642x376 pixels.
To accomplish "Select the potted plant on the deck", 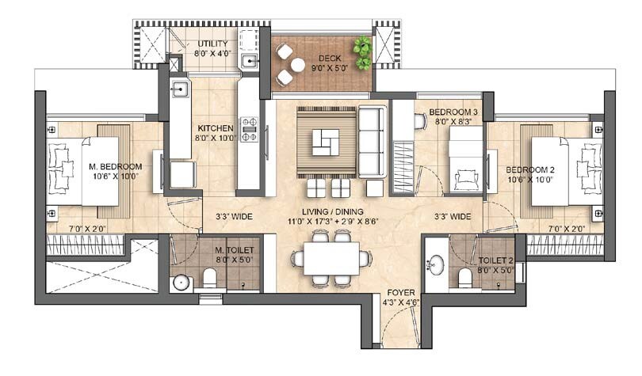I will click(363, 52).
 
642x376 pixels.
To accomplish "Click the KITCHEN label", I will click(215, 127).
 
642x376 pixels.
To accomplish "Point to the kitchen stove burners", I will click(250, 127).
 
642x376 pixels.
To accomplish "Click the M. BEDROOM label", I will click(116, 166).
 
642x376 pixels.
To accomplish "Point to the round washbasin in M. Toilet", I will click(181, 281).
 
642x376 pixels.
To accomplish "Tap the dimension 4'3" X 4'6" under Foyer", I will click(399, 301).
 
